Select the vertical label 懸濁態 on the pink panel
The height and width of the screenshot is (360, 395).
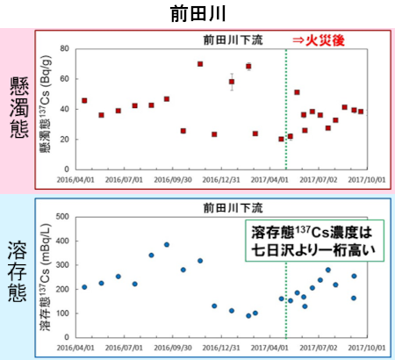click(17, 106)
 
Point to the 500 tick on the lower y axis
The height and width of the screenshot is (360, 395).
click(64, 216)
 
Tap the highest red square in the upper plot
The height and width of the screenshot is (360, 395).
click(200, 64)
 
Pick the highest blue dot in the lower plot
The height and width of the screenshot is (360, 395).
click(167, 245)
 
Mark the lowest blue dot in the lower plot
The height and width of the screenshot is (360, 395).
click(248, 315)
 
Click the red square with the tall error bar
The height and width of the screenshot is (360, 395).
click(232, 82)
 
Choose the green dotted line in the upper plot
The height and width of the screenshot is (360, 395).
click(286, 105)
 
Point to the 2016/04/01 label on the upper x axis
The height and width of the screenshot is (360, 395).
click(83, 177)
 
